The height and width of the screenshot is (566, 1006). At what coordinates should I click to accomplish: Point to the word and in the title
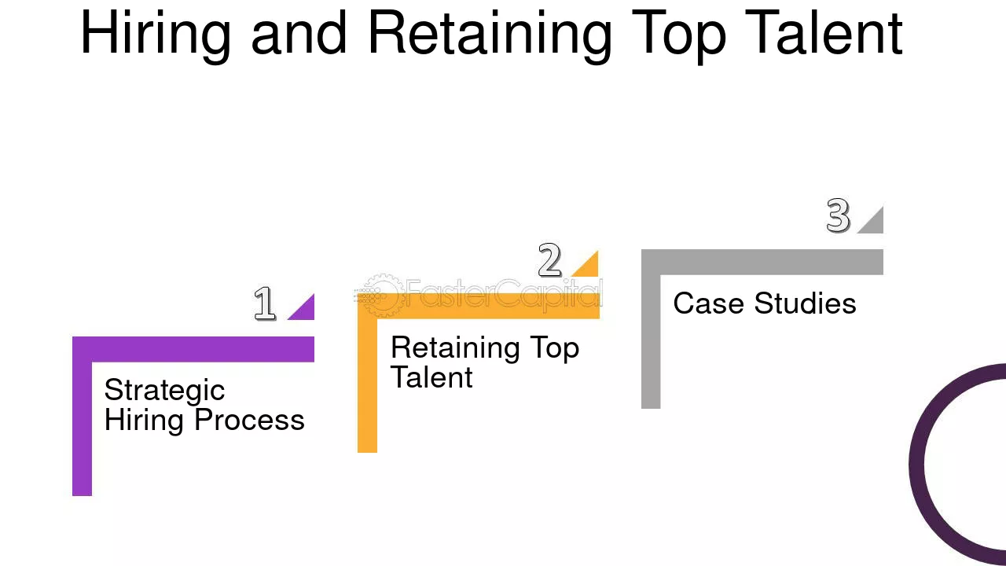pos(299,32)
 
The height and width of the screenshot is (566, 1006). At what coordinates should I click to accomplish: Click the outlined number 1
pos(265,303)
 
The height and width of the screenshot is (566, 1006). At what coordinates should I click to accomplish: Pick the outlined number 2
pos(549,259)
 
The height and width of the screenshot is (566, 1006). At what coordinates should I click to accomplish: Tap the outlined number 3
pos(838,215)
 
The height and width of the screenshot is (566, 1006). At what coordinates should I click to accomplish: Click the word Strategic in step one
pos(164,391)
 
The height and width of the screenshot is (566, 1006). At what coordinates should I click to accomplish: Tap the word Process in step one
pos(249,420)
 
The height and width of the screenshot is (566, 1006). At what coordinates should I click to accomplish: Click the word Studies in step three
pos(806,303)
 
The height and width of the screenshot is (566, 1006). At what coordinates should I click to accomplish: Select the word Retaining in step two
pos(455,348)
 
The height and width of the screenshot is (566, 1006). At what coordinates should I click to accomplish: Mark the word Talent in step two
pos(431,377)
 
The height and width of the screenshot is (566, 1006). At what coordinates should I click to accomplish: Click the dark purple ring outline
pos(916,463)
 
